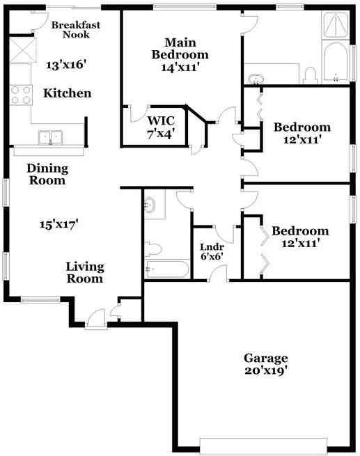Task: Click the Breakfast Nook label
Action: coord(76,30)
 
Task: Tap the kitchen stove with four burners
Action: coord(21,95)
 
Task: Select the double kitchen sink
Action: coord(50,137)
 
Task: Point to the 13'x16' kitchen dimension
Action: coord(67,65)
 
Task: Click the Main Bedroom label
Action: coord(180,49)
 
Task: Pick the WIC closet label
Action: coord(161,120)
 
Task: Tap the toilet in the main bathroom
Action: coord(310,75)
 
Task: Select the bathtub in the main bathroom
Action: coord(336,61)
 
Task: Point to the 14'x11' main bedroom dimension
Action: coord(180,68)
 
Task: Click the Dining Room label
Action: coord(47,174)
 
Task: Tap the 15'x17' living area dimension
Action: coord(58,224)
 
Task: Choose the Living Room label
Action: coord(85,273)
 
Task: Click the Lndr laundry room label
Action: coord(212,247)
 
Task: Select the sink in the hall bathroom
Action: coord(150,205)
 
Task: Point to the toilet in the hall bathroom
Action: coord(153,249)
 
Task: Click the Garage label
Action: coord(266,359)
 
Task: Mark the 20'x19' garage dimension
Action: coord(266,370)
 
